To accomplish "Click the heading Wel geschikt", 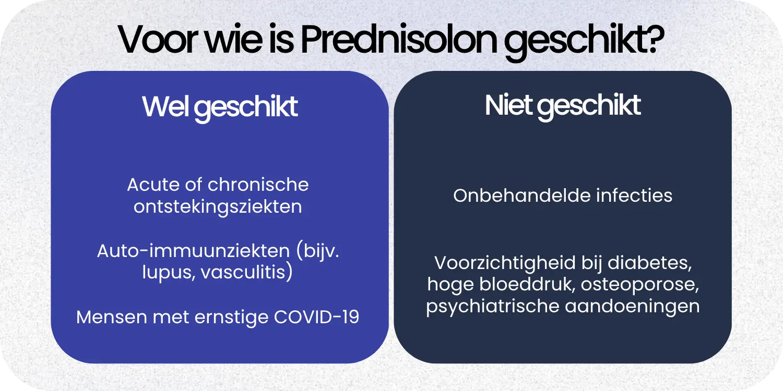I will [x=220, y=107].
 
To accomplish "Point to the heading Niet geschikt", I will [x=563, y=106].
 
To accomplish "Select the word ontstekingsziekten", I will [x=218, y=206].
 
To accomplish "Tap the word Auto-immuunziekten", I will [x=193, y=251].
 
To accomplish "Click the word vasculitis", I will [x=245, y=273].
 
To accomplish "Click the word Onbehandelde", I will [x=522, y=195].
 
